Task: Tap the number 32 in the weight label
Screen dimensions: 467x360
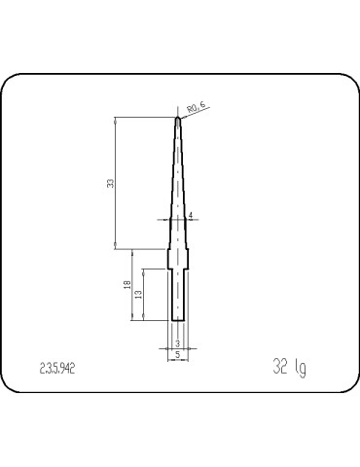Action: (x=280, y=367)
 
